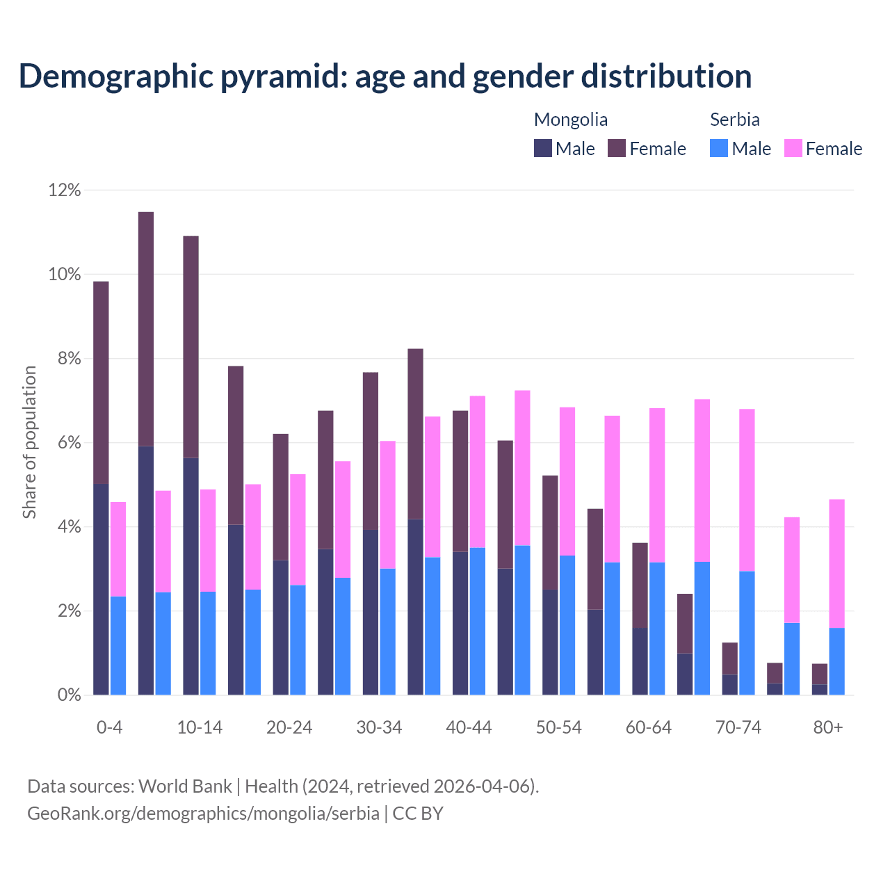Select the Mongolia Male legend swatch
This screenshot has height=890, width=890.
pos(543,148)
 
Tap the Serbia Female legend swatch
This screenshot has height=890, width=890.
pos(793,148)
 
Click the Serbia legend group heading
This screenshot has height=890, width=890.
pos(734,120)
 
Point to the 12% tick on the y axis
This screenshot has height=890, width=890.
pos(65,190)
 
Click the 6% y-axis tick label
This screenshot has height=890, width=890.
pos(65,443)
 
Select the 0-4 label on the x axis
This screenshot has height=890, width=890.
pos(109,727)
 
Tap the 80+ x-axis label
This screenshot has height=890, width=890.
pos(828,727)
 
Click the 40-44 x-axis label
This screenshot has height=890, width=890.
pos(469,727)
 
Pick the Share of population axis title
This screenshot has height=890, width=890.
pos(29,442)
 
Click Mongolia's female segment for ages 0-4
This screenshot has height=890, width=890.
pos(101,382)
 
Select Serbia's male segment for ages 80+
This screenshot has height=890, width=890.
pos(837,661)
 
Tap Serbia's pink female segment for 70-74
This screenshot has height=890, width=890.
pos(747,490)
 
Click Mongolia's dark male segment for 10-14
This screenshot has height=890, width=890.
pos(191,576)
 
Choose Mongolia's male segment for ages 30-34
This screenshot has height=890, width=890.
pos(371,612)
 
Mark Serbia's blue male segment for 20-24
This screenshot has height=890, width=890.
pos(298,640)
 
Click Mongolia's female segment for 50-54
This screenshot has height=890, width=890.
pos(550,533)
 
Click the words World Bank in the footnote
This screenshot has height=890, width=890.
pos(185,786)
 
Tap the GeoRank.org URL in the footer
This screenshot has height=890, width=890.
pos(203,814)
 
